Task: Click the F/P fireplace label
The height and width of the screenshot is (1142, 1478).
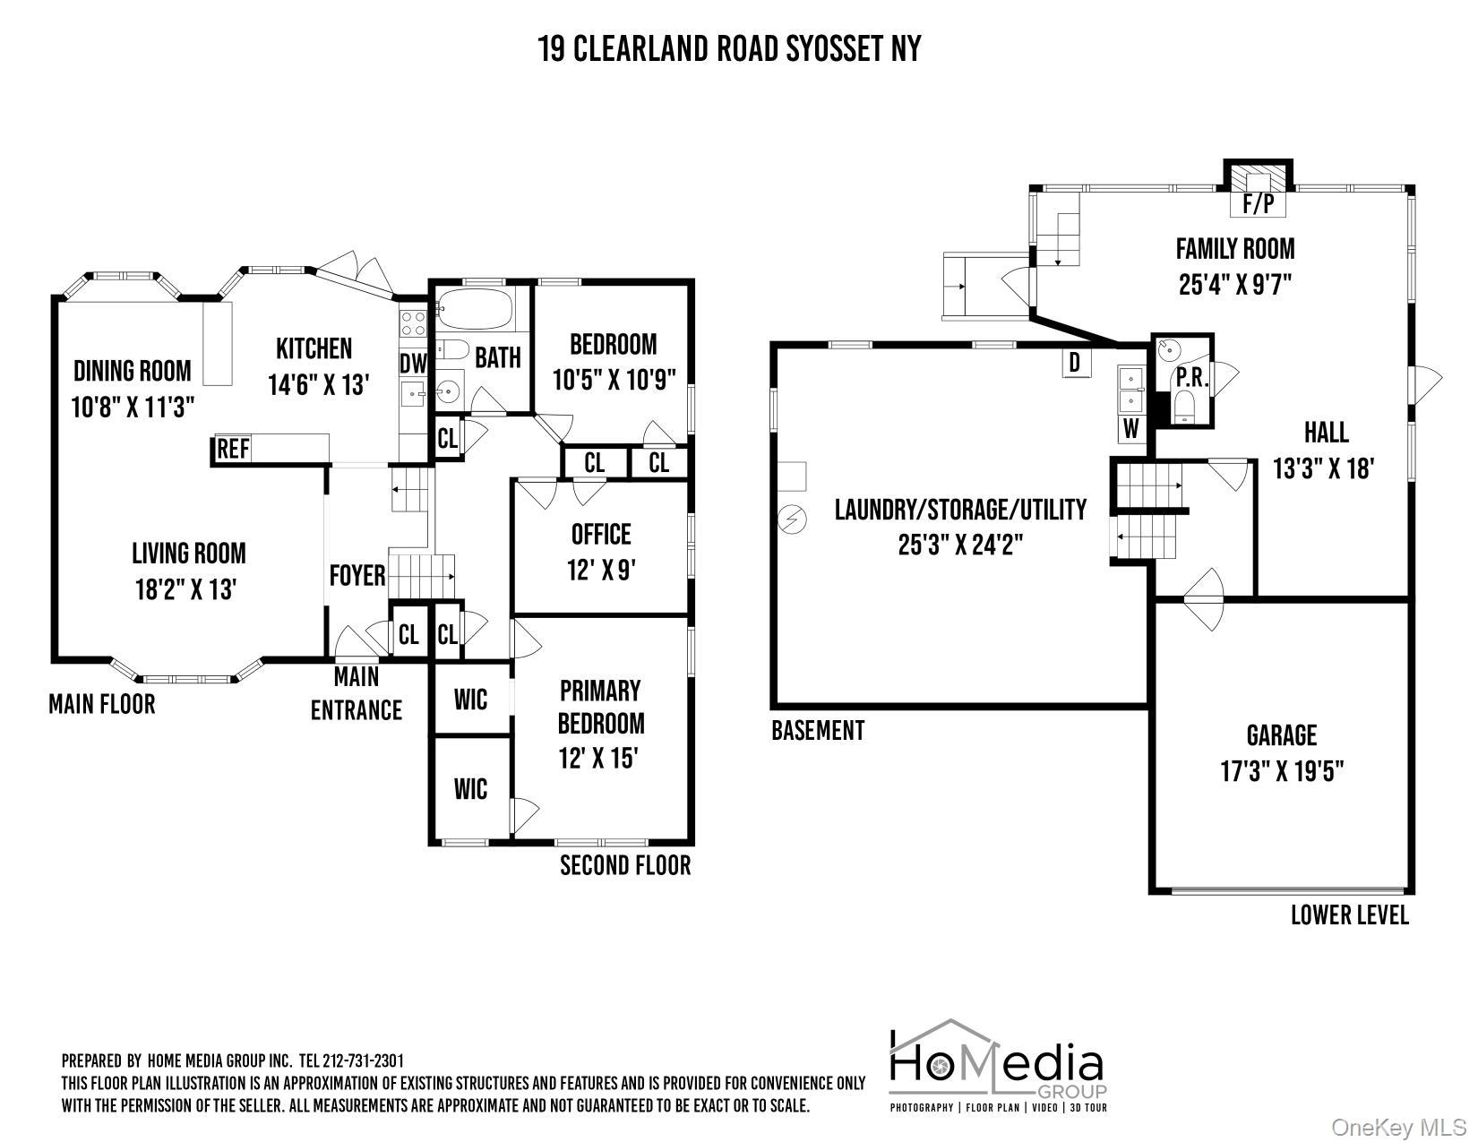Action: (1258, 203)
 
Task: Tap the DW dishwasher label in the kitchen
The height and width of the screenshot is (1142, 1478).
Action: (412, 364)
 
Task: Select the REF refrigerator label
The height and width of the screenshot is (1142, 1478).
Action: (233, 449)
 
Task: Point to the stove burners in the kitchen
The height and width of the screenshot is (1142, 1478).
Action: (412, 323)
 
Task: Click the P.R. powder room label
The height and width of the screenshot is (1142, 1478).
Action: (1191, 378)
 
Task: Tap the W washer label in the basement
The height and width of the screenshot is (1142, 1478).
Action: (1130, 428)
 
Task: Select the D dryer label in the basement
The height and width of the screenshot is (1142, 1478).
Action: (1075, 364)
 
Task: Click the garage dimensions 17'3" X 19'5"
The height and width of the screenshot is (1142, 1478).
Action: (1282, 771)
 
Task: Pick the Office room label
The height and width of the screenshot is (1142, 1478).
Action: (601, 535)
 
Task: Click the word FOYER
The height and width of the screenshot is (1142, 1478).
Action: (357, 575)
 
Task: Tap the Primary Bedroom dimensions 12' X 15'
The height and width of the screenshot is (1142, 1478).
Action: (597, 758)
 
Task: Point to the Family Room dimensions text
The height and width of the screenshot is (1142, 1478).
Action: (1234, 284)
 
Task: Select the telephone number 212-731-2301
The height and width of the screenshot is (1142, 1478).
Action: (363, 1061)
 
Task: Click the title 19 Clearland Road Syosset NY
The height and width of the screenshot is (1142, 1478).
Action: (729, 48)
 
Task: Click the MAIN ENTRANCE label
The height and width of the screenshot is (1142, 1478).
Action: (357, 694)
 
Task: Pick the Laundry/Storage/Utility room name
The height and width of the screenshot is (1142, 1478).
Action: (960, 510)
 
